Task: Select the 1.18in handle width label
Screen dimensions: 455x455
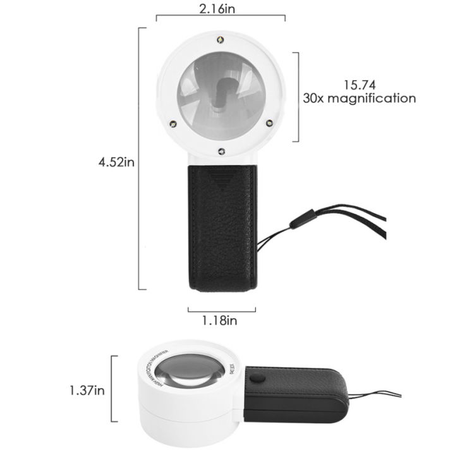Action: (219, 321)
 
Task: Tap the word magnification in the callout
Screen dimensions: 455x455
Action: (377, 98)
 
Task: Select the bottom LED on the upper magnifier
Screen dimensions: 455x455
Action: (221, 150)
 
